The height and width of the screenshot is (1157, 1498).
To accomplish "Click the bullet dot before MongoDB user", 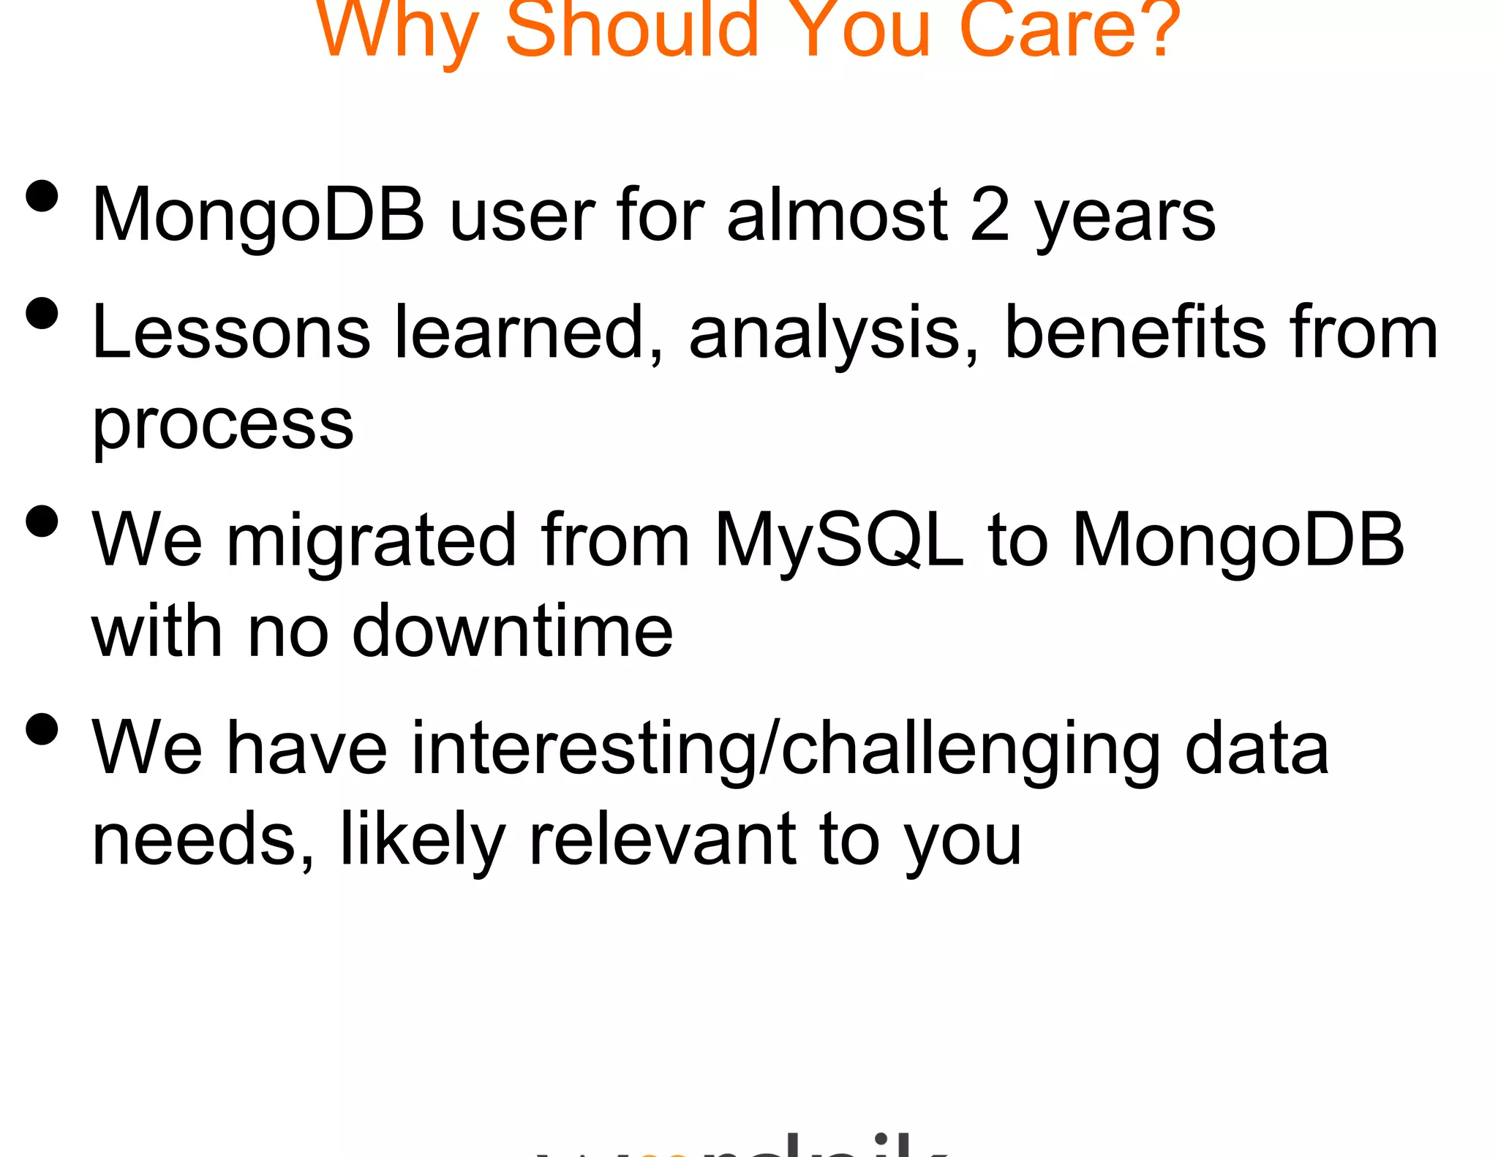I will (42, 196).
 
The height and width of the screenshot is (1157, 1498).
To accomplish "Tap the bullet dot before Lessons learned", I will (42, 313).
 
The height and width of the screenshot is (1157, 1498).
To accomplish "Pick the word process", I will (222, 426).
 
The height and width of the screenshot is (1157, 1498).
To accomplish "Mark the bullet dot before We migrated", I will (42, 521).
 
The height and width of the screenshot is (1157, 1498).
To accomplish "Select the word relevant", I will (662, 839).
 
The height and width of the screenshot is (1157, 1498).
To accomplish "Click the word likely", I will (423, 839).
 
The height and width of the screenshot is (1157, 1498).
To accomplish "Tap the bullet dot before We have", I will (42, 728).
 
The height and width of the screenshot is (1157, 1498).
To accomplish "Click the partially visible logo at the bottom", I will (742, 1145).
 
